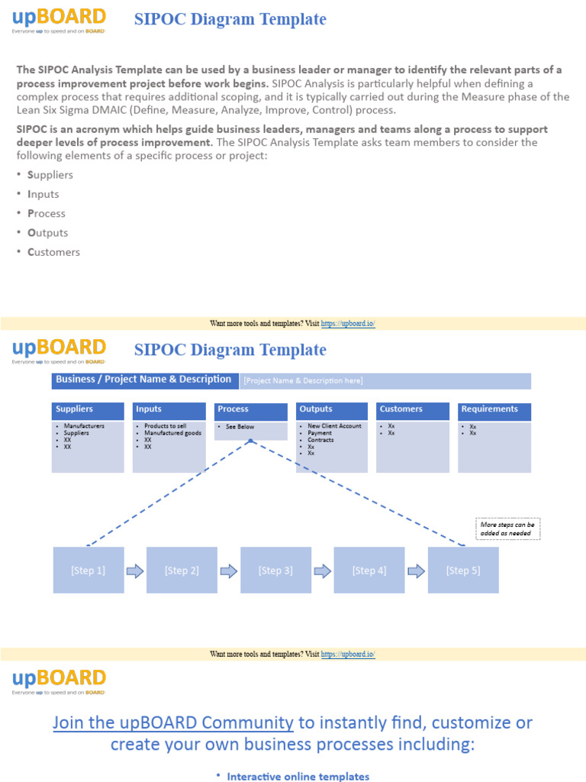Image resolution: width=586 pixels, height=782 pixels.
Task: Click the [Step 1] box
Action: click(x=88, y=570)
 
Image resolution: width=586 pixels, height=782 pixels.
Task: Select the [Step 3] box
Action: click(x=275, y=570)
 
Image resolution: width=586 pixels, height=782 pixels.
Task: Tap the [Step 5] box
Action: click(x=463, y=570)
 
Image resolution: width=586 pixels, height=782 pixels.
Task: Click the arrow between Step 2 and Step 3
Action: click(x=229, y=570)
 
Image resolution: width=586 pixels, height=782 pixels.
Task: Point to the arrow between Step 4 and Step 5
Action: click(x=417, y=570)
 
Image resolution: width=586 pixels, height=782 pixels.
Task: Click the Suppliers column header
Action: click(x=88, y=410)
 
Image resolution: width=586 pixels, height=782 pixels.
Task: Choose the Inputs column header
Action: click(x=169, y=410)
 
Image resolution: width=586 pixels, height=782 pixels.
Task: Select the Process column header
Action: click(x=250, y=410)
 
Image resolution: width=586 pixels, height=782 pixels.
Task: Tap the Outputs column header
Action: click(x=332, y=410)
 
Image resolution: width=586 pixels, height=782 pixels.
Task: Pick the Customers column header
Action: click(x=413, y=410)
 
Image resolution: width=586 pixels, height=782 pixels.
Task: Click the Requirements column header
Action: click(x=494, y=410)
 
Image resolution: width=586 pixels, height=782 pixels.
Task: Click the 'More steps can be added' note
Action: click(x=507, y=529)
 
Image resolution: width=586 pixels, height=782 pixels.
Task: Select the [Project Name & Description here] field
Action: click(x=385, y=381)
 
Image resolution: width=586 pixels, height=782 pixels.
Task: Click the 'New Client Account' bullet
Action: click(x=334, y=426)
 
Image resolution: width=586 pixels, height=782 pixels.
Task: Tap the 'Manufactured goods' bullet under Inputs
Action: click(x=172, y=433)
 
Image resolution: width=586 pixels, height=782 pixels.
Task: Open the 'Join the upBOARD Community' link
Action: click(x=173, y=722)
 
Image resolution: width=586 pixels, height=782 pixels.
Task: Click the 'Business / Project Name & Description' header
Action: click(x=143, y=380)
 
